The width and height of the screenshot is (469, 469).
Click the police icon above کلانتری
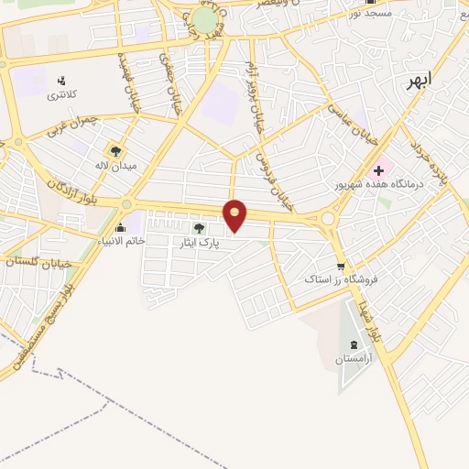pyautogui.click(x=62, y=79)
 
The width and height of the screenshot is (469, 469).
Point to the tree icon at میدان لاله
pyautogui.click(x=115, y=150)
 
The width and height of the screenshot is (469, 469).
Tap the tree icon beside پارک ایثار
pyautogui.click(x=199, y=228)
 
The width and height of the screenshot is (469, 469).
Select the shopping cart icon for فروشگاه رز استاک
pyautogui.click(x=341, y=267)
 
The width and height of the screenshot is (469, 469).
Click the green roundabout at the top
pyautogui.click(x=205, y=19)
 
